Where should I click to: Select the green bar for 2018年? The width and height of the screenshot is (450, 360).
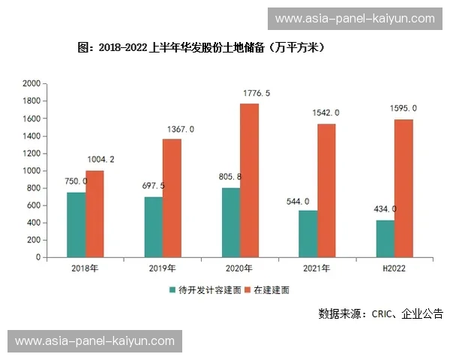tap(76, 225)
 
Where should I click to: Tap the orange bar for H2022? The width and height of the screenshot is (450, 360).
tap(403, 188)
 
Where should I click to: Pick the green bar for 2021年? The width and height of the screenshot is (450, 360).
tap(307, 234)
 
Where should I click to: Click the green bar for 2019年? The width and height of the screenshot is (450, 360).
tap(154, 227)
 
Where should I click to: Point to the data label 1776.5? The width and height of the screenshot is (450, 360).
tap(256, 93)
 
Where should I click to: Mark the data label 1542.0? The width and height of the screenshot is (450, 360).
tap(325, 112)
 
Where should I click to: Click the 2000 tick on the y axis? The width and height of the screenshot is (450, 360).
tap(31, 83)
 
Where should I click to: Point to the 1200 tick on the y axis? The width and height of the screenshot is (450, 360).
tap(31, 153)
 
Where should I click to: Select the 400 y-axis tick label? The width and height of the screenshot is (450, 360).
tap(34, 223)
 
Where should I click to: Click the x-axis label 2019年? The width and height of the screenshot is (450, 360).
tap(163, 268)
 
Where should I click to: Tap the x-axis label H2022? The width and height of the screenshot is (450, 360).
tap(394, 268)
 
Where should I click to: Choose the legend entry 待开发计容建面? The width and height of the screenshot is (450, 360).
tap(205, 289)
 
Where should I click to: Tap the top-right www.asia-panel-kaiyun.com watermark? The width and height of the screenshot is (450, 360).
tap(355, 19)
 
